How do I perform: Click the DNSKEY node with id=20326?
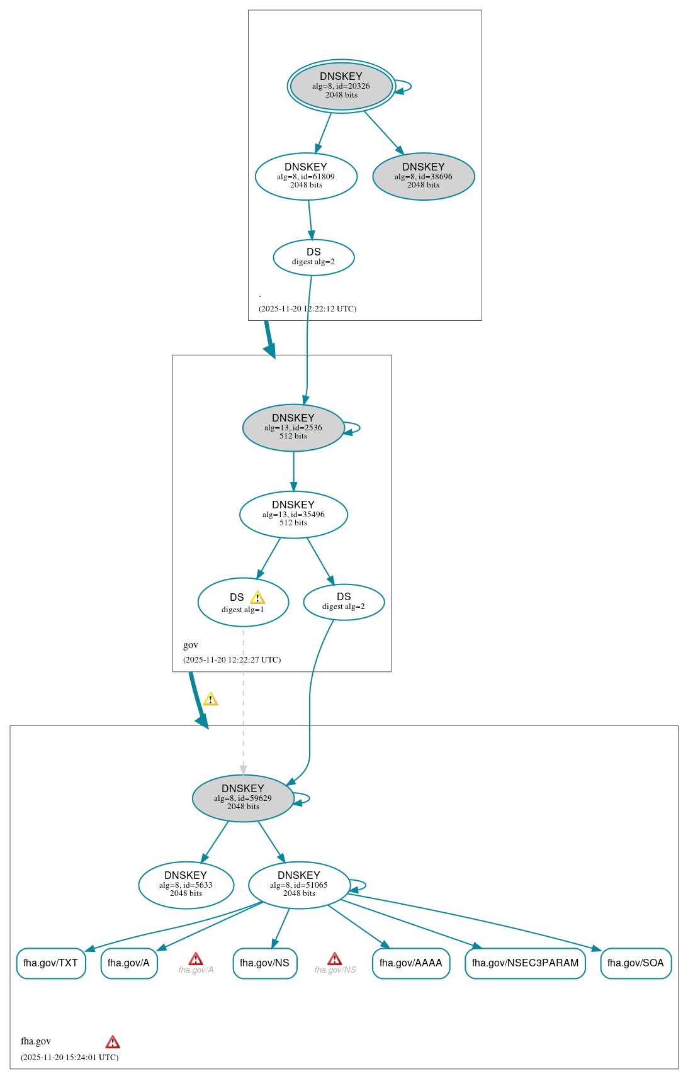click(x=341, y=86)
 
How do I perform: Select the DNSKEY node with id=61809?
click(x=306, y=177)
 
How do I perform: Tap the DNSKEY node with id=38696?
click(x=424, y=177)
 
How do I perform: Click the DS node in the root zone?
click(x=313, y=257)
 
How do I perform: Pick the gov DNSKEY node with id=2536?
click(x=293, y=428)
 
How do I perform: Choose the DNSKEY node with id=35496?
click(x=293, y=515)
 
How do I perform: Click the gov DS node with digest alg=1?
click(x=243, y=603)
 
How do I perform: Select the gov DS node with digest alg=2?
click(x=344, y=602)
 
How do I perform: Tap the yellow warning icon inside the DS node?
click(x=257, y=598)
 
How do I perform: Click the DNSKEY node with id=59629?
click(x=243, y=798)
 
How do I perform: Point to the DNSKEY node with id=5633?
click(x=186, y=885)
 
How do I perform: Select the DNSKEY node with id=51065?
click(x=299, y=885)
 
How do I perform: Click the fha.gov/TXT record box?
click(x=51, y=963)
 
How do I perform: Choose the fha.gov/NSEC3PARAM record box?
click(x=525, y=963)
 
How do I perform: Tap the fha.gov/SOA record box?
click(x=636, y=963)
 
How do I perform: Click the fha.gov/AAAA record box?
click(x=411, y=963)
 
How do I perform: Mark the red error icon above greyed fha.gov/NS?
click(x=335, y=959)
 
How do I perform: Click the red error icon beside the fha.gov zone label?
click(x=113, y=1042)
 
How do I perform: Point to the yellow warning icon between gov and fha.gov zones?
click(x=210, y=700)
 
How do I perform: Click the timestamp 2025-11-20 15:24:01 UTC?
click(x=69, y=1057)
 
